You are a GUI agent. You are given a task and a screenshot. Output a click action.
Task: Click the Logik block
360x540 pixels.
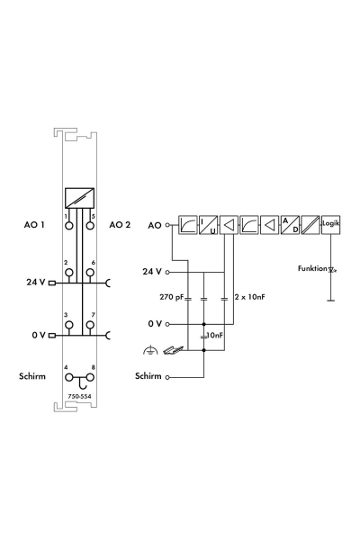pyautogui.click(x=330, y=224)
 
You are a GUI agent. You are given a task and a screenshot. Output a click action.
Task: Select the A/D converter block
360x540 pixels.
pyautogui.click(x=290, y=224)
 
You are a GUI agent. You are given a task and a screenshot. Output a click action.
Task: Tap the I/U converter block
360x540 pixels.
pyautogui.click(x=208, y=224)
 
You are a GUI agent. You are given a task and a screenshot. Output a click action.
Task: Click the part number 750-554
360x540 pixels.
pyautogui.click(x=79, y=396)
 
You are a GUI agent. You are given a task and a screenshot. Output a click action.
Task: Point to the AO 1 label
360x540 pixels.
pyautogui.click(x=34, y=225)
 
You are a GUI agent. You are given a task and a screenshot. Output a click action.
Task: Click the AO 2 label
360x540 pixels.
pyautogui.click(x=120, y=225)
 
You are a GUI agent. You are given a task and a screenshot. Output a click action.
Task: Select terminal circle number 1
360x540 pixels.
pyautogui.click(x=69, y=226)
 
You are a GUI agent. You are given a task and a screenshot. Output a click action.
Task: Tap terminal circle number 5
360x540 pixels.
pyautogui.click(x=90, y=226)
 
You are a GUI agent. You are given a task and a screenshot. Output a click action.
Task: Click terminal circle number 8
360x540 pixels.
pyautogui.click(x=90, y=377)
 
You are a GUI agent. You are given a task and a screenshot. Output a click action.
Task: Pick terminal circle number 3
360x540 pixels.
pyautogui.click(x=69, y=325)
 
